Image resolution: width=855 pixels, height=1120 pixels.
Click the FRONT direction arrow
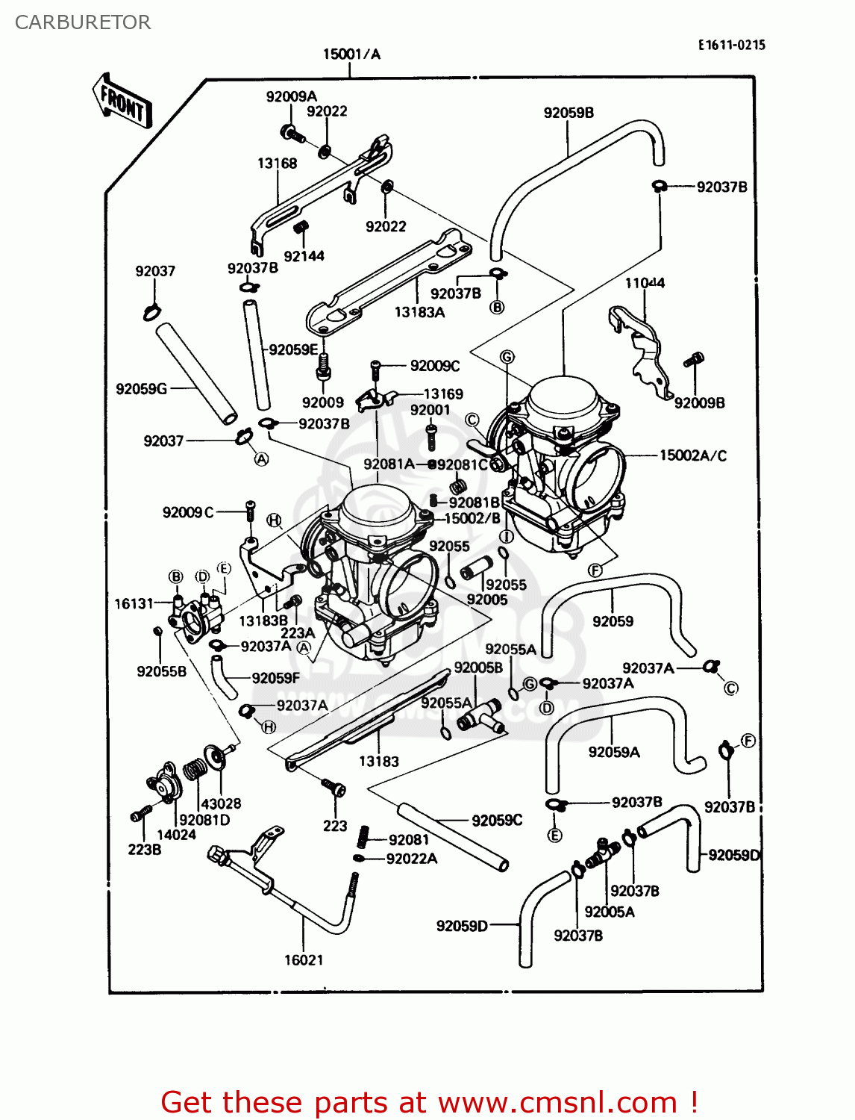pos(122,102)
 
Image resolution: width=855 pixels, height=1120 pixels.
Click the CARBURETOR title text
pos(83,22)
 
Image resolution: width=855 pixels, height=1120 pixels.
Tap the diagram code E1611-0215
pos(731,45)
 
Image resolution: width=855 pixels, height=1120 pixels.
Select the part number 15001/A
pos(351,54)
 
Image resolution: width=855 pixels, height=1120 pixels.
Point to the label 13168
pos(277,163)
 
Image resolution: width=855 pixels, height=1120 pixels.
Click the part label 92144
pos(304,256)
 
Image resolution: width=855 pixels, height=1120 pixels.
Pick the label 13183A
pos(419,312)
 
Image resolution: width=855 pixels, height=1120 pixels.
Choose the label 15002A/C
pos(692,455)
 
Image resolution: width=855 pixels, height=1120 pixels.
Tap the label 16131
pos(134,603)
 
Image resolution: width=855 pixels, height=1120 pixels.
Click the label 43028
pos(221,803)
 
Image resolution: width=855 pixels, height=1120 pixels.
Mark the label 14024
pos(176,835)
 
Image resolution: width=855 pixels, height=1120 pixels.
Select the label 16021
pos(304,959)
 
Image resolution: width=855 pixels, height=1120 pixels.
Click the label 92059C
pos(497,820)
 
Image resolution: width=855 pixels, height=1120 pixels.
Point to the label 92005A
pos(610,912)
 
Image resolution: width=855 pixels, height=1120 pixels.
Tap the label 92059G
pos(141,388)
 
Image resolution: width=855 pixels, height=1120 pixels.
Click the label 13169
pos(443,393)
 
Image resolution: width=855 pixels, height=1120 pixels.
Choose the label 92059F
pos(275,678)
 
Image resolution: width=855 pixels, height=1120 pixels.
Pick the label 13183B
pos(263,620)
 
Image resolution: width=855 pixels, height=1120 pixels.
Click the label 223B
pos(144,849)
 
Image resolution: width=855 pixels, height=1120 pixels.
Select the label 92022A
pos(412,859)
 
